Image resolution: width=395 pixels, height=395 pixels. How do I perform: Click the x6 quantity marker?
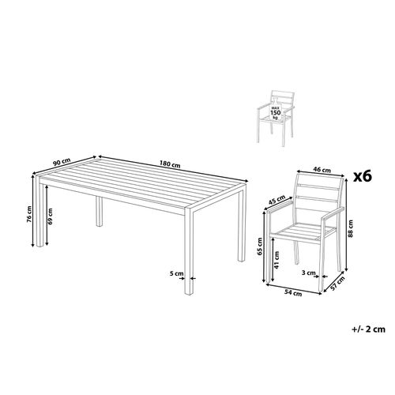coord(363,175)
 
